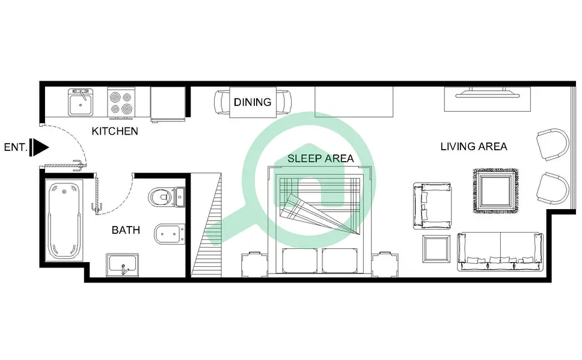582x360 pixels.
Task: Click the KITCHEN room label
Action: point(115,131)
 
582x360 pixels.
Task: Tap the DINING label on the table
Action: point(253,102)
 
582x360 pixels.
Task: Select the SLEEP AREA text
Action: point(320,159)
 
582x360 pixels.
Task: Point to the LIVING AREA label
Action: point(474,147)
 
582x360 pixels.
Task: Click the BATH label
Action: point(126,230)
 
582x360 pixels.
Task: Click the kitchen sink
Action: point(80,102)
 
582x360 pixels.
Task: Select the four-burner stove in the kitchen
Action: point(121,103)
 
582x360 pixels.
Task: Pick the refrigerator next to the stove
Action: point(168,105)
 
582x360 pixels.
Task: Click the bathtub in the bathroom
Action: point(64,221)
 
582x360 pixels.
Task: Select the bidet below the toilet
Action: point(170,234)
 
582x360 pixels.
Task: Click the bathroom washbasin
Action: point(123,264)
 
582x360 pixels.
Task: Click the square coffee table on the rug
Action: point(495,191)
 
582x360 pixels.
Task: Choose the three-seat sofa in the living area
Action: point(500,251)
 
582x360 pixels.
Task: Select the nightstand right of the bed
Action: point(385,264)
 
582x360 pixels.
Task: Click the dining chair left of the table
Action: point(222,102)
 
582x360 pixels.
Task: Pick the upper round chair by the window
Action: point(553,144)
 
